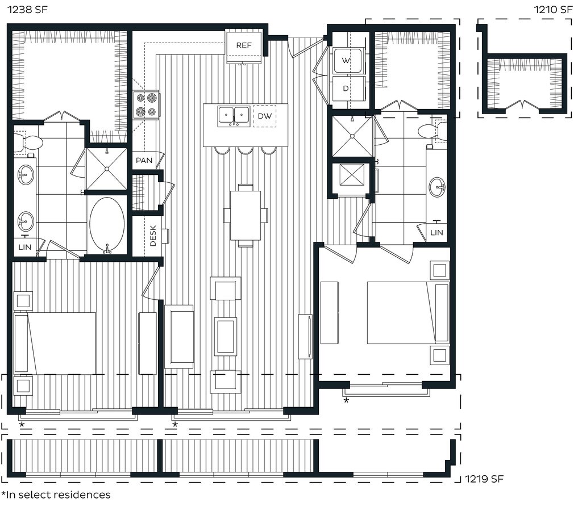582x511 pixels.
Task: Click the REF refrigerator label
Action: click(244, 45)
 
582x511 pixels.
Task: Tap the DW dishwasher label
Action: click(265, 116)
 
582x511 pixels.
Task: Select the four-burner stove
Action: click(146, 105)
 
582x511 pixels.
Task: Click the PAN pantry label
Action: click(144, 160)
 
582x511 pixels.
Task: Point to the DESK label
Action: click(153, 236)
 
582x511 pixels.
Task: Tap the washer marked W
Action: click(347, 60)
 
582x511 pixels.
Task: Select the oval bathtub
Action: click(107, 224)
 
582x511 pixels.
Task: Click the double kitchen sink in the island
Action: click(234, 116)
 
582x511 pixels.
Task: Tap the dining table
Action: click(246, 215)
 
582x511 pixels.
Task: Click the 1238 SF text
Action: click(27, 10)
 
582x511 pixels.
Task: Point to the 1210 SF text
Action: click(553, 10)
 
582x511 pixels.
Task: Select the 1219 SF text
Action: click(484, 479)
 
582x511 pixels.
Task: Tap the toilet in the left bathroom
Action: click(28, 142)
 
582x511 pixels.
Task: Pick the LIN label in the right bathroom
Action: click(436, 233)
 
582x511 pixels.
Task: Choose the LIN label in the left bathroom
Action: click(25, 247)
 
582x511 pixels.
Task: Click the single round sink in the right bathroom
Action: click(438, 187)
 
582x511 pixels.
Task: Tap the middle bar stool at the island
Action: click(246, 150)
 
